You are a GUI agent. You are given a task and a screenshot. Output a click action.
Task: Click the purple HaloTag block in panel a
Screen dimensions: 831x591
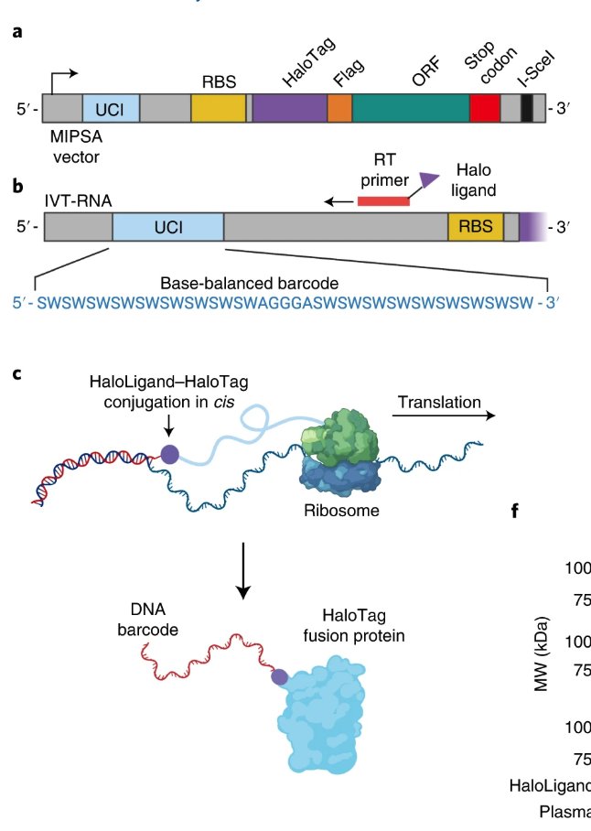[289, 108]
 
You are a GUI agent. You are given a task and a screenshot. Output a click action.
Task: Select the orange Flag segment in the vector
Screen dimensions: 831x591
[339, 108]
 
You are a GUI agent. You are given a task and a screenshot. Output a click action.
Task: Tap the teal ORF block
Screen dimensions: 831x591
[411, 108]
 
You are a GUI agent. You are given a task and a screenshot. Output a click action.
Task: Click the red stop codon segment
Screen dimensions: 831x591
[484, 108]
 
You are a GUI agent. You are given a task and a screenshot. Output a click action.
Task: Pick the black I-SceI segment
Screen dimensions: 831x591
[527, 108]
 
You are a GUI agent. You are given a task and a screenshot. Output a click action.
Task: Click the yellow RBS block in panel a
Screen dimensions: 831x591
[218, 108]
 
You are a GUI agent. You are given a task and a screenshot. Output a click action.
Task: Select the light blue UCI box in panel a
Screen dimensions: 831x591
[111, 108]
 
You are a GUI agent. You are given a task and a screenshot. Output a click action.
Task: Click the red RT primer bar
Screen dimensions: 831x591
[383, 200]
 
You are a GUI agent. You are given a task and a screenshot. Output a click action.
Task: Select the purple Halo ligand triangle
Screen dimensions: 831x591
[427, 181]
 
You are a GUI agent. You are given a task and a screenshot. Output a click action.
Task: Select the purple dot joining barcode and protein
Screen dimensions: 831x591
[280, 677]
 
